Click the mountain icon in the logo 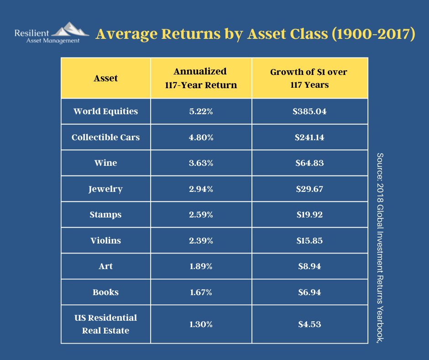[70, 29]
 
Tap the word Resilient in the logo [31, 33]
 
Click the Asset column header [105, 79]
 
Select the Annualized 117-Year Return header [200, 78]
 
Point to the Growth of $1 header [309, 79]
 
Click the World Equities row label [105, 111]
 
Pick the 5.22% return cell [201, 111]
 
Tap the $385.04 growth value [309, 111]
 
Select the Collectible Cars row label [105, 137]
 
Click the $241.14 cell [309, 137]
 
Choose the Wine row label [105, 163]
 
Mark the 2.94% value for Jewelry [201, 189]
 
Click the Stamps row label [105, 215]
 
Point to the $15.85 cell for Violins [309, 241]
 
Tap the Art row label [105, 266]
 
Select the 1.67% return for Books [201, 292]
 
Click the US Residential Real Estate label [105, 324]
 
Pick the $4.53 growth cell [309, 324]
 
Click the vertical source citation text [380, 248]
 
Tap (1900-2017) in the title [373, 34]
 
